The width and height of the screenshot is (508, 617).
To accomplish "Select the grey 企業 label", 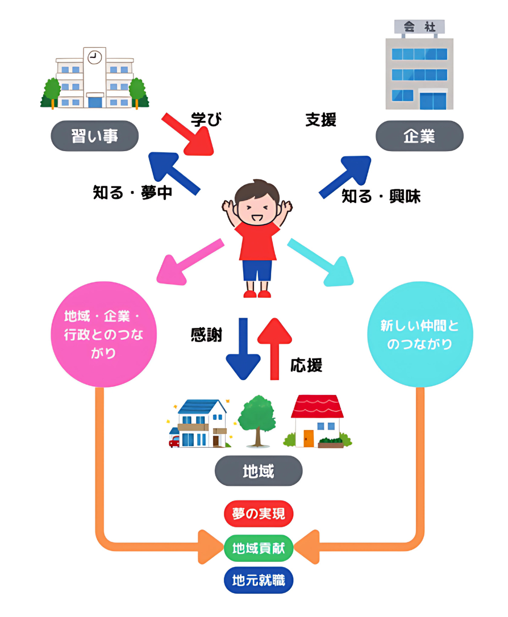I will [419, 136].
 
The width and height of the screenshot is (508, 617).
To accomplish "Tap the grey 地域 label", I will [259, 471].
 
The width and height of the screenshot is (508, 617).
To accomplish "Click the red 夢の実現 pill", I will [259, 515].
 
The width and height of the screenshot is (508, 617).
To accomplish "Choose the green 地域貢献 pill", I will [259, 548].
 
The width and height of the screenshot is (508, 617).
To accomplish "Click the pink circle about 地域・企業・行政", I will [103, 334].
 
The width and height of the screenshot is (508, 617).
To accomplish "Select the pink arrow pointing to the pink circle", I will [191, 261].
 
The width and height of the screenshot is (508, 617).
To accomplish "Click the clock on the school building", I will [95, 57].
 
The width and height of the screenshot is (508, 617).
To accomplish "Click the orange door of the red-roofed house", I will [309, 438].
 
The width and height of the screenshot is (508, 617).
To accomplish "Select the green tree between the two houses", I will [256, 418].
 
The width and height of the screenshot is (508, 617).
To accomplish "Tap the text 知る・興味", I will [381, 197].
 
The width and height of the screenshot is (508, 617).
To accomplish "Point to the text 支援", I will [321, 119].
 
